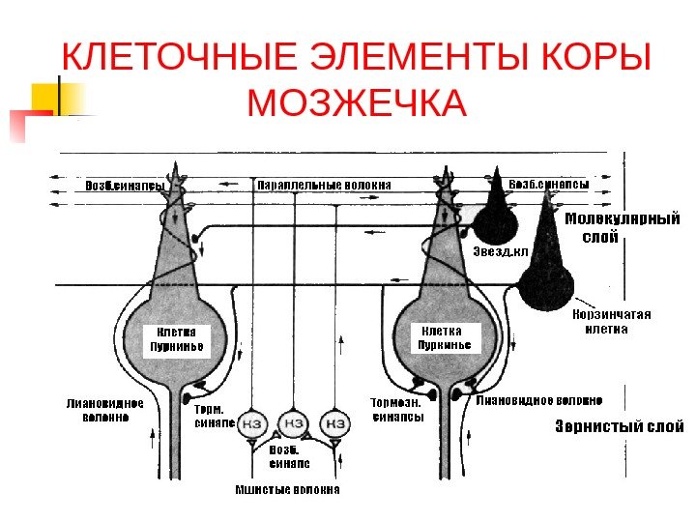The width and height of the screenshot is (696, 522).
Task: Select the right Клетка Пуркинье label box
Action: pyautogui.click(x=446, y=338)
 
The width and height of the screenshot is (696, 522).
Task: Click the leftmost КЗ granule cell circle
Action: pyautogui.click(x=252, y=425)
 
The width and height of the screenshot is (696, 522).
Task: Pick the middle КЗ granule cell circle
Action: pyautogui.click(x=293, y=424)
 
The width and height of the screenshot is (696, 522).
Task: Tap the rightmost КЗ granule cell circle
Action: pyautogui.click(x=335, y=424)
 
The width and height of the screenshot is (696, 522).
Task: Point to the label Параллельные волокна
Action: pyautogui.click(x=323, y=184)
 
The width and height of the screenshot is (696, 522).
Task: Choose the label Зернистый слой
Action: pyautogui.click(x=619, y=426)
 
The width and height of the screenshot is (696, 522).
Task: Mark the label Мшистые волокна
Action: pyautogui.click(x=288, y=489)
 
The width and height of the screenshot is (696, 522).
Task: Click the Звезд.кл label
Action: pyautogui.click(x=501, y=252)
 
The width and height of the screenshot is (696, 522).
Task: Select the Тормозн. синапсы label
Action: pyautogui.click(x=396, y=410)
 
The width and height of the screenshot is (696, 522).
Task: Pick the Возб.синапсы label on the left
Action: pyautogui.click(x=124, y=185)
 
